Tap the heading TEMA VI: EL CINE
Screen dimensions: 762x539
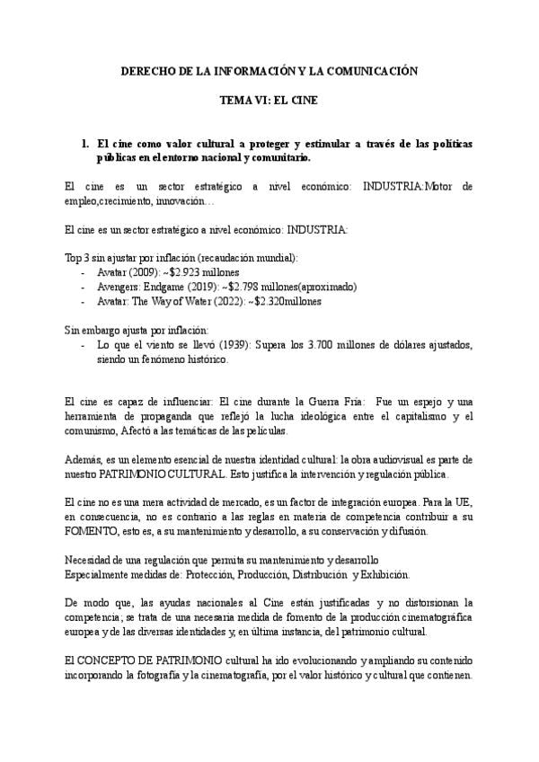269,103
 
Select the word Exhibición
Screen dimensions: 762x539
384,573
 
